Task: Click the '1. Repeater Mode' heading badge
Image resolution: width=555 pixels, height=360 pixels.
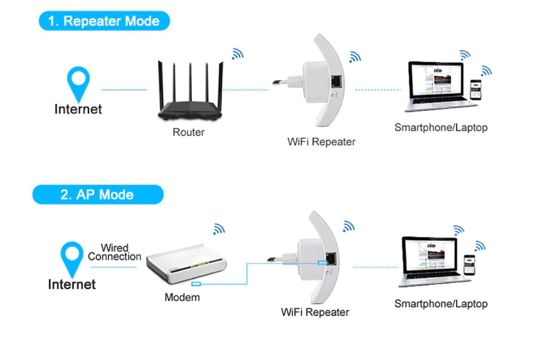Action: click(x=104, y=21)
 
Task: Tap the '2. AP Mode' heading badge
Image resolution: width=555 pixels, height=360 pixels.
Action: click(x=97, y=195)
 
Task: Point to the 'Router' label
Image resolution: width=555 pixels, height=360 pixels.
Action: click(x=188, y=133)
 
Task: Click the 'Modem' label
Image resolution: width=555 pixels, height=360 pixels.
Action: click(x=182, y=297)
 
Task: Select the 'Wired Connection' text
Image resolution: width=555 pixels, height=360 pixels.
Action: click(x=115, y=252)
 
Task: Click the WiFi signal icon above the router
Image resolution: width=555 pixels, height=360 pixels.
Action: click(x=237, y=54)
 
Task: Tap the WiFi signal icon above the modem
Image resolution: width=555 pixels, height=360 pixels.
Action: click(x=218, y=228)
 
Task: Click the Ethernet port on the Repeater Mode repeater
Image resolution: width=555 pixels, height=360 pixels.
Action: click(x=336, y=82)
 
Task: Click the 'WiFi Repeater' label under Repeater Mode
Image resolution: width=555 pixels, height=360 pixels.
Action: click(x=321, y=142)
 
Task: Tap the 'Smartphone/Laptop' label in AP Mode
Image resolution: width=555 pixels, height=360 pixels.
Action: click(x=441, y=304)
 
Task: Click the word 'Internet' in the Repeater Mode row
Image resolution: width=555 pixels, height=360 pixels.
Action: click(x=78, y=109)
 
